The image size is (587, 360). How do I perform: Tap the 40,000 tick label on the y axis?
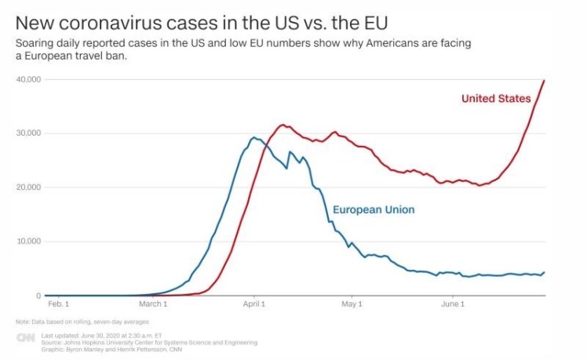(29, 80)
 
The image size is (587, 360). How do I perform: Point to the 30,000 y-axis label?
(29, 133)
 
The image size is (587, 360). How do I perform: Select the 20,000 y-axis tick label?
(29, 187)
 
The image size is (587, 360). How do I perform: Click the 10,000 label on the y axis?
(29, 242)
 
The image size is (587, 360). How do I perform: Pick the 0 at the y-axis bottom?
(37, 296)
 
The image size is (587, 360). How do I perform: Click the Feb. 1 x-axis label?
(58, 304)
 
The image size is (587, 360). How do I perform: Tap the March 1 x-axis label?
(153, 304)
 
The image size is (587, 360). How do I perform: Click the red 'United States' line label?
(496, 99)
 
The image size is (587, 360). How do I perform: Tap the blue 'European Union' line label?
(374, 210)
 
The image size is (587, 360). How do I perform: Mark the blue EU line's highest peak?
(253, 137)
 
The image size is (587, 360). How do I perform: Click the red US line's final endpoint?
(544, 81)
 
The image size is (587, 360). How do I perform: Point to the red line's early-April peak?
(283, 125)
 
